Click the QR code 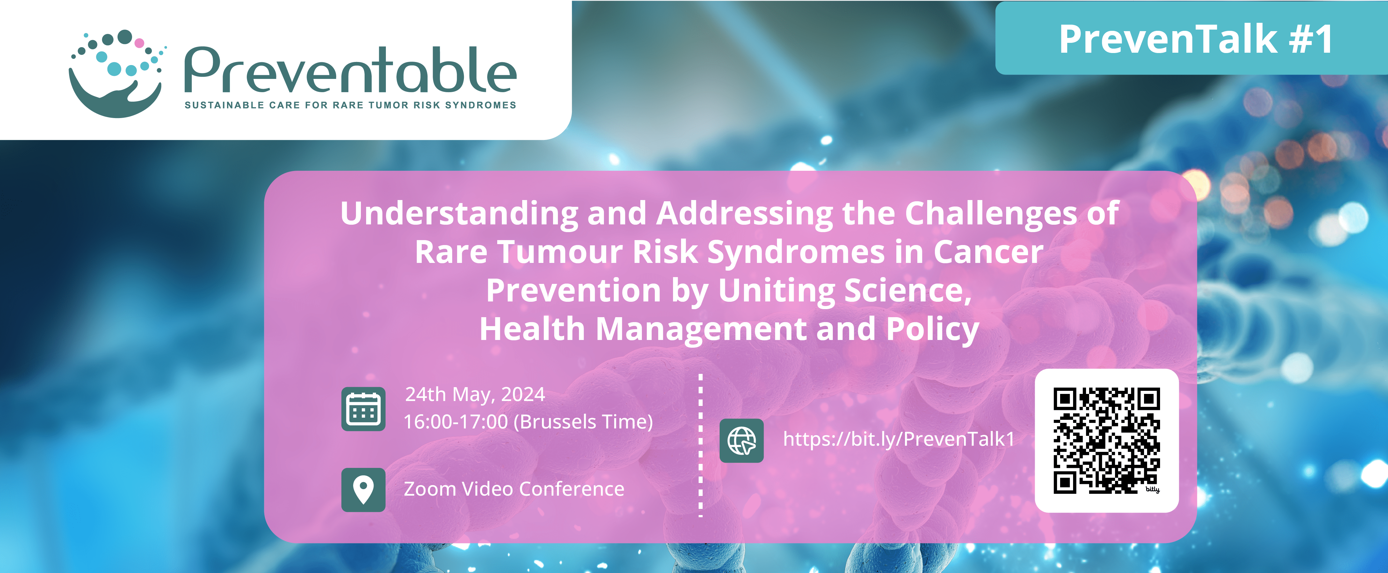coord(1106,440)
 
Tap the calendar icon coord(363,409)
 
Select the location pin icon coord(363,489)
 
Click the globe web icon coord(742,440)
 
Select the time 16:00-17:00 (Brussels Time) coord(528,422)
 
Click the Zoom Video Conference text coord(514,489)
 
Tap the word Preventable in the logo coord(350,70)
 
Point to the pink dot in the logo coord(139,43)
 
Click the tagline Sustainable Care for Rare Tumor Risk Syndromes coord(350,105)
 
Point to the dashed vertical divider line coord(700,445)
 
